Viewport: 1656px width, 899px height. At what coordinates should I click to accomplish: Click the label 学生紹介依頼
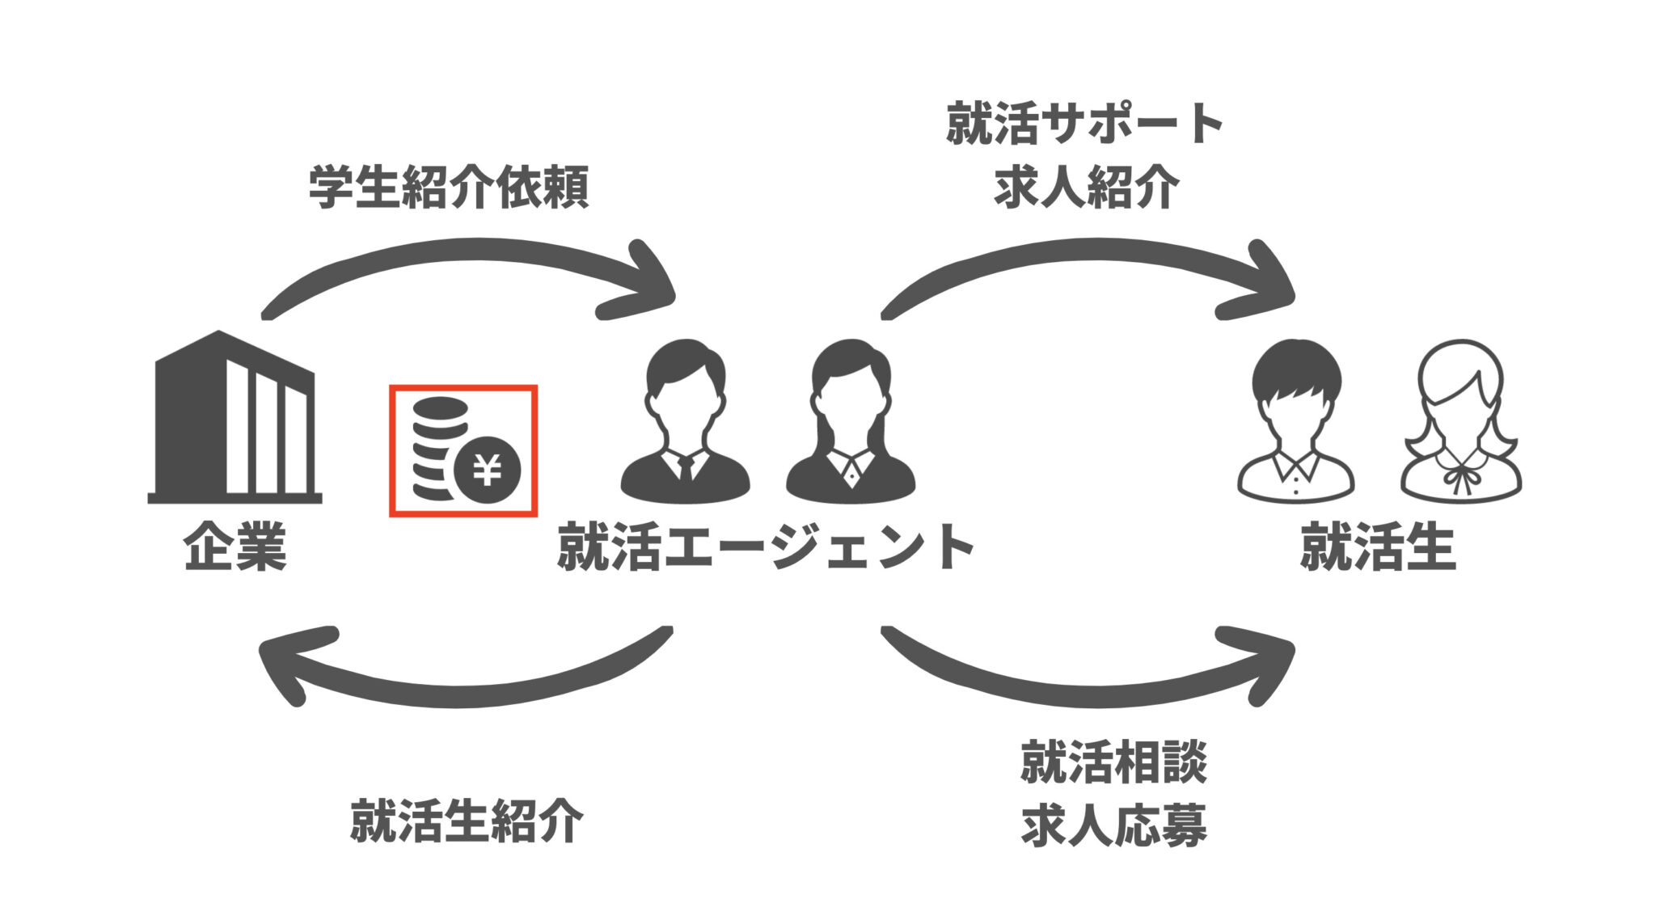point(449,188)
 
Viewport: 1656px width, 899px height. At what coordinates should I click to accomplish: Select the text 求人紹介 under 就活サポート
point(1085,188)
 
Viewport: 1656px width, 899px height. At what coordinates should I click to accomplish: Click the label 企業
point(234,547)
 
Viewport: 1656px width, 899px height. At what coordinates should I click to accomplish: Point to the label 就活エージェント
point(765,547)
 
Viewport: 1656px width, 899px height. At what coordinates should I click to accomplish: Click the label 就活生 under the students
point(1378,547)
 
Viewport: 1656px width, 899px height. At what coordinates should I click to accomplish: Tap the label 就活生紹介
point(467,821)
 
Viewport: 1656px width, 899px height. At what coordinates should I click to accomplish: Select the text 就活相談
point(1113,762)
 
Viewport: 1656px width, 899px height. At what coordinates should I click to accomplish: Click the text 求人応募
point(1113,825)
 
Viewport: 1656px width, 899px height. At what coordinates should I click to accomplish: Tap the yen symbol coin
point(487,470)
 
